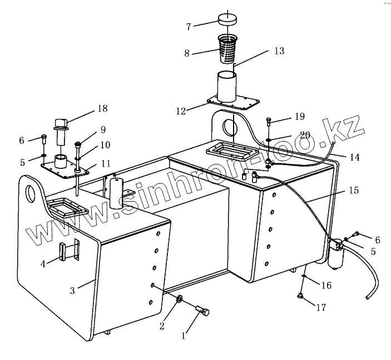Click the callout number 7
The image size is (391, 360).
click(189, 26)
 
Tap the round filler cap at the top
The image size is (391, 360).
click(227, 19)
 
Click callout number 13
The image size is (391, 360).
click(279, 51)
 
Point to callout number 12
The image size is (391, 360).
click(181, 111)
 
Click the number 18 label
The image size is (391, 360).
click(102, 108)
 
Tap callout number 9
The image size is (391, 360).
click(103, 131)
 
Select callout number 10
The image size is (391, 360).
click(105, 145)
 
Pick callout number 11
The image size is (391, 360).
click(105, 164)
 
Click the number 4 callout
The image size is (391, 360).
click(43, 264)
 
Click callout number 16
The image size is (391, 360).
click(326, 285)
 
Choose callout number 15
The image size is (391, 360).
click(354, 190)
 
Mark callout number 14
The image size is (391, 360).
click(354, 158)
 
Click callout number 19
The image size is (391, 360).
click(300, 117)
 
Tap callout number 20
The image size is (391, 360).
click(304, 135)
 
